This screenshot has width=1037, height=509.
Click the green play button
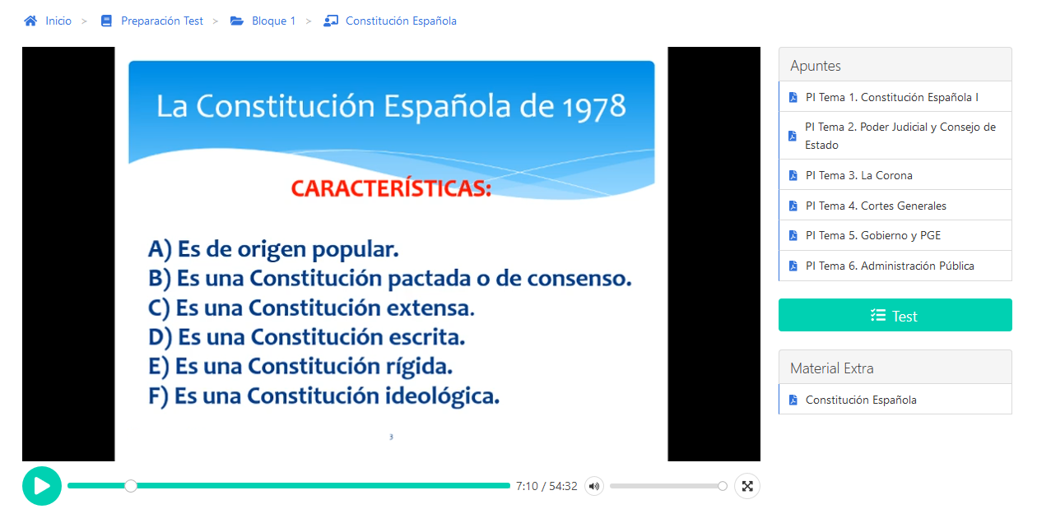pos(42,486)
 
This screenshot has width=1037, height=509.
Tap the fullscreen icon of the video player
pos(747,486)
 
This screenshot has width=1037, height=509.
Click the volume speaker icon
pos(594,486)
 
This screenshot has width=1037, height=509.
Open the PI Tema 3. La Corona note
pos(858,175)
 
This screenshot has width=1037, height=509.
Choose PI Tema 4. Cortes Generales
pos(876,206)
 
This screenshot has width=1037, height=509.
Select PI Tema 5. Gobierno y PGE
pos(873,235)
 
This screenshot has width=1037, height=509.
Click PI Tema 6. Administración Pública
pos(890,266)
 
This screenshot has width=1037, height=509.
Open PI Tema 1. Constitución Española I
pos(892,97)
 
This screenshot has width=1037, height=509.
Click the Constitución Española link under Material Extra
pos(861,400)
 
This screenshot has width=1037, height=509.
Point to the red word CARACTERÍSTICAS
pos(391,188)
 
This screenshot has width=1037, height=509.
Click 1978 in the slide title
pos(594,107)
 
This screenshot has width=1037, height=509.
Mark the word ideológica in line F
pos(442,396)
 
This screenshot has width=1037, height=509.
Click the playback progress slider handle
pos(131,486)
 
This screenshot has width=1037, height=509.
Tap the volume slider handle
pos(723,486)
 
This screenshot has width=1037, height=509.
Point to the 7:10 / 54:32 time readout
pos(546,486)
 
